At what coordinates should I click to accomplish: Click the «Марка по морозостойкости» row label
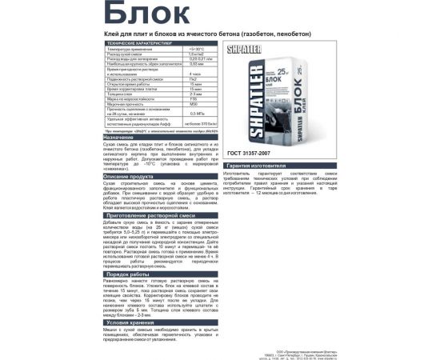point(136,100)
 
